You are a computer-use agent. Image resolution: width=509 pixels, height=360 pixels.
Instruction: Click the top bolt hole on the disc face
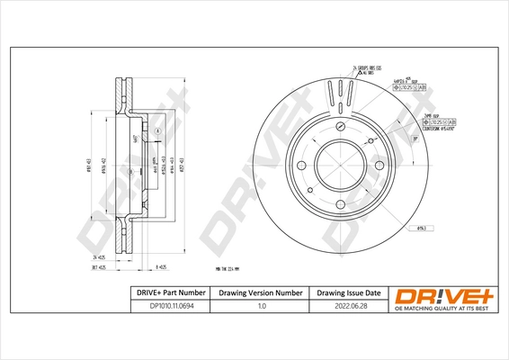343,129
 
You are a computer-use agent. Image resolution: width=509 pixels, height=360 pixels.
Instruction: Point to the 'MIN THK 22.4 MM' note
233,269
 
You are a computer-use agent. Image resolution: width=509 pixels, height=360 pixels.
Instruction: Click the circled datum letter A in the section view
159,132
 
